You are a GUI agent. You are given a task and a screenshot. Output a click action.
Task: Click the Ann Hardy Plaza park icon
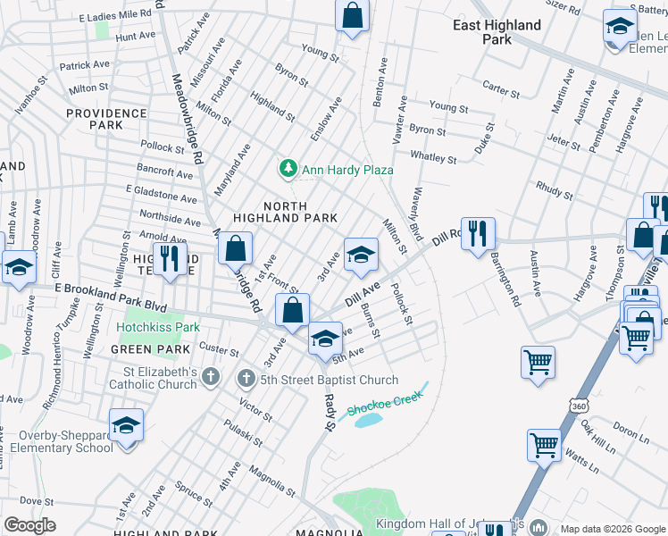pyautogui.click(x=288, y=168)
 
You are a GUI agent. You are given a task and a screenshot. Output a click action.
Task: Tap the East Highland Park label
pyautogui.click(x=497, y=32)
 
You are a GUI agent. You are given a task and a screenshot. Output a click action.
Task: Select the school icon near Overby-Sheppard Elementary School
pyautogui.click(x=127, y=424)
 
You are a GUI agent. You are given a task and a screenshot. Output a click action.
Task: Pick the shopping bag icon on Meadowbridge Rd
pyautogui.click(x=235, y=248)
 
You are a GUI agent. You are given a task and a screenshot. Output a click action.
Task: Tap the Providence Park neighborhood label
pyautogui.click(x=106, y=119)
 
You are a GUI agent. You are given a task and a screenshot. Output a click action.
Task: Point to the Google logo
pyautogui.click(x=30, y=525)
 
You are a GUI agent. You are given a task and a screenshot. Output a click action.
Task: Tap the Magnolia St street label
pyautogui.click(x=271, y=481)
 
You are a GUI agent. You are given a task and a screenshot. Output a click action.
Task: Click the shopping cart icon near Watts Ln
pyautogui.click(x=543, y=443)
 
